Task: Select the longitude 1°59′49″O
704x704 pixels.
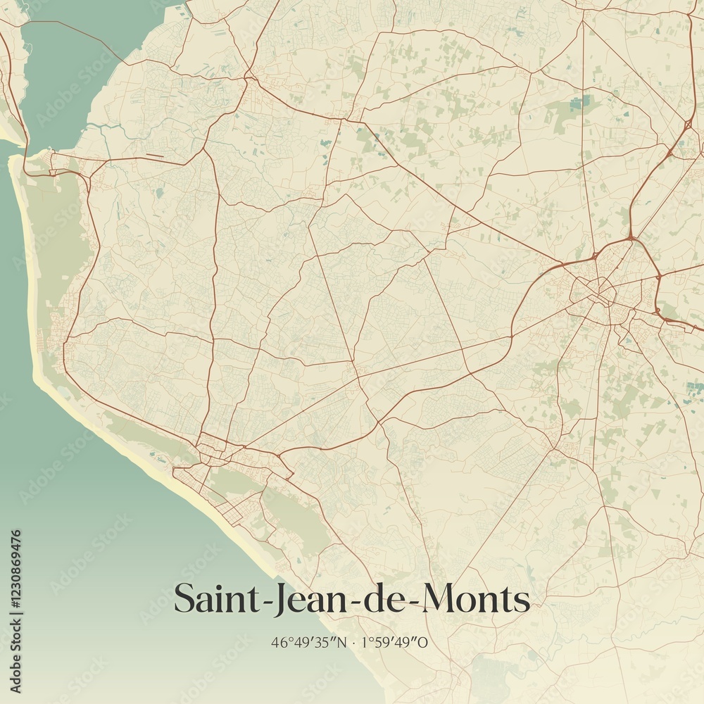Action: pos(394,642)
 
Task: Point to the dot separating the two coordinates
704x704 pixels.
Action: pos(354,642)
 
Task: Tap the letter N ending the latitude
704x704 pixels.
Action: pos(343,642)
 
